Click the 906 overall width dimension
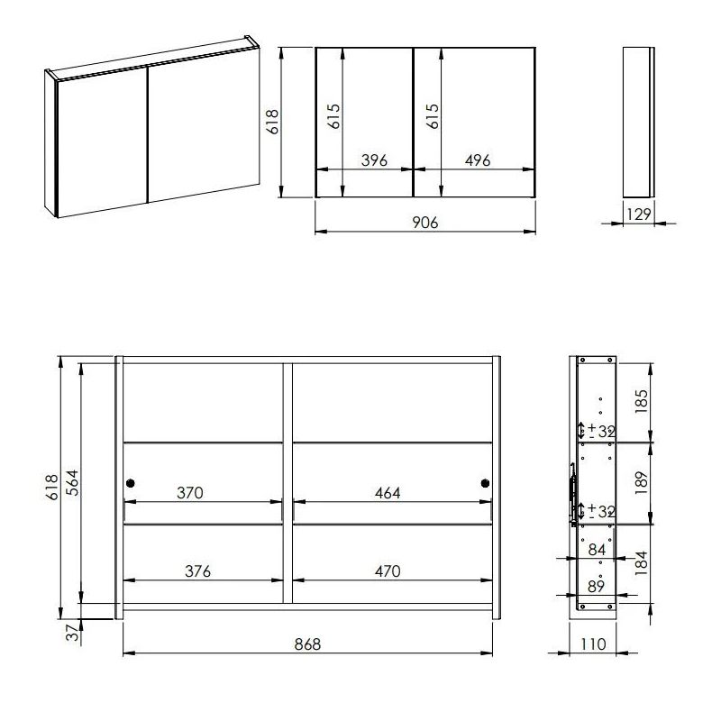tap(424, 223)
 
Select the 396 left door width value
tap(374, 160)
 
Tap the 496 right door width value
tap(477, 160)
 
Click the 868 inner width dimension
tap(307, 643)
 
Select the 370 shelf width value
tap(190, 493)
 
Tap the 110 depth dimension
tap(592, 643)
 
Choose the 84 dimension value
tap(597, 550)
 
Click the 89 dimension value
tap(597, 587)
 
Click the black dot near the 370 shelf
tap(131, 484)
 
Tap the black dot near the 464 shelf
tap(485, 484)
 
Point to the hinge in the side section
tap(572, 493)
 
